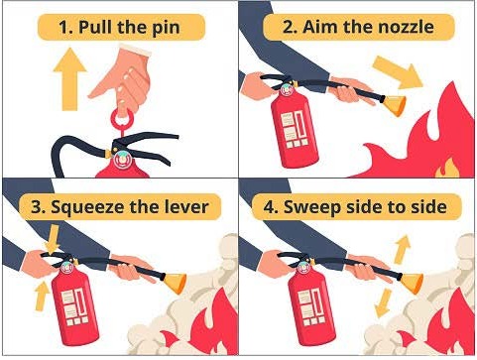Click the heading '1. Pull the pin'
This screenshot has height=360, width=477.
pos(119,27)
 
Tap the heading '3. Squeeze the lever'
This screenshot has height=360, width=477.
pos(119,206)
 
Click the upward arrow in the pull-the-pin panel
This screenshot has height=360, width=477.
pos(66,80)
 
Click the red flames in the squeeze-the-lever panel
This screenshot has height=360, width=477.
pos(203,332)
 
